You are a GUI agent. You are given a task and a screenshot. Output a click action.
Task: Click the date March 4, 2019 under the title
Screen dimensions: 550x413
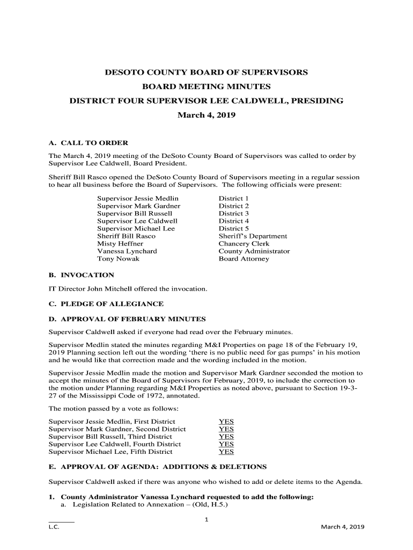(x=206, y=115)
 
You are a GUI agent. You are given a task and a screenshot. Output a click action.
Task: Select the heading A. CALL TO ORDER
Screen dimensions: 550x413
(x=88, y=143)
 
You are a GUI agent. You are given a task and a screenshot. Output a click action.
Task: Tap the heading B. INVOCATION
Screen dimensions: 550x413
(x=81, y=275)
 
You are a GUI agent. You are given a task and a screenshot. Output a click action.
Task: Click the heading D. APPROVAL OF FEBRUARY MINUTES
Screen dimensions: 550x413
(x=127, y=319)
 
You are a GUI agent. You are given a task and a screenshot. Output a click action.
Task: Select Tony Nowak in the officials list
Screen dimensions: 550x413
(x=118, y=258)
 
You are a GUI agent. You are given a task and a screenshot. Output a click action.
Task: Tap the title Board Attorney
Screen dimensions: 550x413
(x=244, y=258)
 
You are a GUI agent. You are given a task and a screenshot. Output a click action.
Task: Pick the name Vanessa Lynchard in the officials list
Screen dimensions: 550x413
(x=127, y=251)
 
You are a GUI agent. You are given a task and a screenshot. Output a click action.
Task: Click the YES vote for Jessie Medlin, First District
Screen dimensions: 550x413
(x=226, y=422)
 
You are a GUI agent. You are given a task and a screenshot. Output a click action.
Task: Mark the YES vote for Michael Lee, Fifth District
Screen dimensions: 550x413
(x=226, y=452)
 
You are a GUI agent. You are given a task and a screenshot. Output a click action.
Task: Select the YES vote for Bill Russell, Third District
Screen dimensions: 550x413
(x=226, y=437)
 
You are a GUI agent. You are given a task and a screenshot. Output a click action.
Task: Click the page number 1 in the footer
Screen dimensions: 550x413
(x=206, y=519)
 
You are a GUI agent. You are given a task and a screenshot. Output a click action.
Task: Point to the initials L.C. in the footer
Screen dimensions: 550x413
(x=54, y=527)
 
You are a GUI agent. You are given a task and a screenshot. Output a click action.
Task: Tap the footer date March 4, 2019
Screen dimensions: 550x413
(x=342, y=527)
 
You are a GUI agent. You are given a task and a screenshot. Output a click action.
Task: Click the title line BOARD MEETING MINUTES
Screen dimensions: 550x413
(x=206, y=86)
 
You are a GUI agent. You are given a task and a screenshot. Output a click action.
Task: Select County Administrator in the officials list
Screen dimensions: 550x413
(x=254, y=251)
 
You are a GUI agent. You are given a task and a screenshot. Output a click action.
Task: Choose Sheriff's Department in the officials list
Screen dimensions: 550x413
(x=253, y=236)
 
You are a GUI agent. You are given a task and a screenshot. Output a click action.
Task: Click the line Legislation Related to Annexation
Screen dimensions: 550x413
(x=150, y=504)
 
